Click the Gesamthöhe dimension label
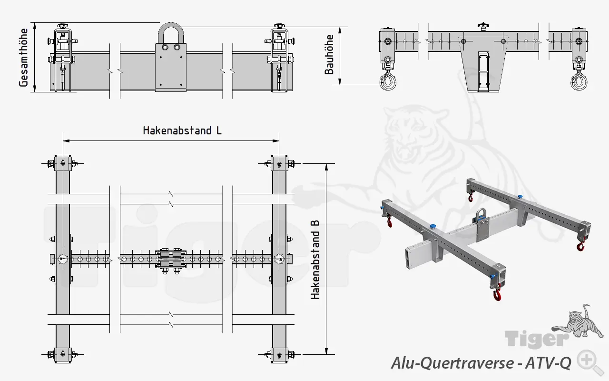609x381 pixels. [23, 58]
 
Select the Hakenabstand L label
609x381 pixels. [182, 130]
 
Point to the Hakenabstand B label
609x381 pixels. [315, 260]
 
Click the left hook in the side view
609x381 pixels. [387, 81]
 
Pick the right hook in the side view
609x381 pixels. [579, 81]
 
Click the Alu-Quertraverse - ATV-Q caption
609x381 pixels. [481, 363]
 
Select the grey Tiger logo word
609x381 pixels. [536, 339]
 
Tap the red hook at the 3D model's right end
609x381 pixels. [580, 246]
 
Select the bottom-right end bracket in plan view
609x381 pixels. [279, 354]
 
